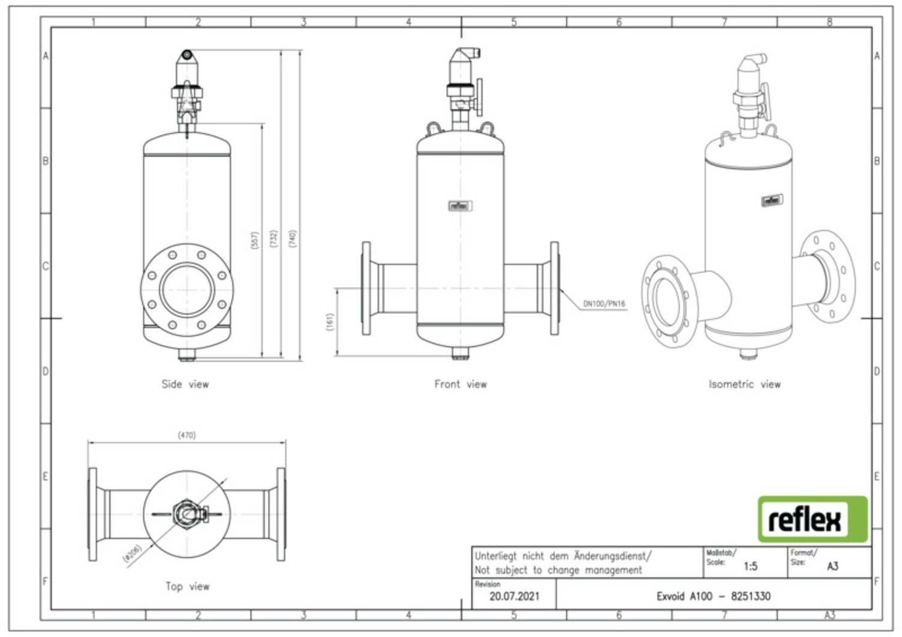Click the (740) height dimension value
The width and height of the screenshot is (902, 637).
pyautogui.click(x=293, y=238)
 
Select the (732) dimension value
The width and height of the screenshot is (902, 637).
pyautogui.click(x=274, y=238)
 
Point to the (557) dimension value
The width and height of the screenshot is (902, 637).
pyautogui.click(x=254, y=240)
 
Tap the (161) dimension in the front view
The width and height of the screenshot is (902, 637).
pyautogui.click(x=329, y=322)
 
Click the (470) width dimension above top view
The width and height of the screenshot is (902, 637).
pyautogui.click(x=186, y=434)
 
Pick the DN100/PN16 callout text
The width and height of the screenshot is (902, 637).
pyautogui.click(x=604, y=304)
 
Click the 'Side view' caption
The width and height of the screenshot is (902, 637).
pyautogui.click(x=185, y=384)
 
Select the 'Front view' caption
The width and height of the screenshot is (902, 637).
pyautogui.click(x=461, y=384)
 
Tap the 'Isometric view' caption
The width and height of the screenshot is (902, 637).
pyautogui.click(x=744, y=384)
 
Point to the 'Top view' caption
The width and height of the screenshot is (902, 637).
pyautogui.click(x=187, y=586)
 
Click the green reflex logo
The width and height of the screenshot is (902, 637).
pyautogui.click(x=812, y=519)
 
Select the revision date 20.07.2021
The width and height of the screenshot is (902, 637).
pyautogui.click(x=514, y=596)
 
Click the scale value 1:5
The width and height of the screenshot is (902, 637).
pyautogui.click(x=750, y=566)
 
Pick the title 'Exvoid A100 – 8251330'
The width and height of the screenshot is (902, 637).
pyautogui.click(x=713, y=596)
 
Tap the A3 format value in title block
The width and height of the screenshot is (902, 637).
pyautogui.click(x=832, y=566)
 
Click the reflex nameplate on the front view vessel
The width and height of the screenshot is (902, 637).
pyautogui.click(x=461, y=206)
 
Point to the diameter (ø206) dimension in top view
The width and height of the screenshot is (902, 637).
pyautogui.click(x=132, y=554)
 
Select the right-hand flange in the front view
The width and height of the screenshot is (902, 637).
pyautogui.click(x=554, y=288)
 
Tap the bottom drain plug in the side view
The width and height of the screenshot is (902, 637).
pyautogui.click(x=187, y=357)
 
